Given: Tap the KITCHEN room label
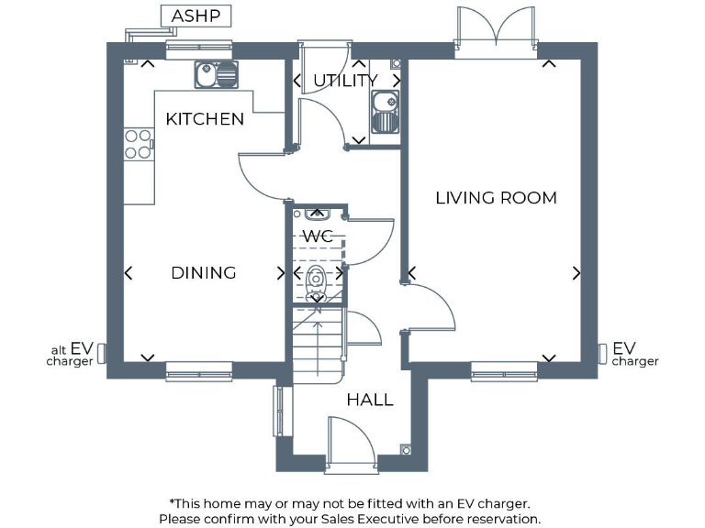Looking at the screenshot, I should coord(205,119).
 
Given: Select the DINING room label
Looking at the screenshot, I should coord(204,272).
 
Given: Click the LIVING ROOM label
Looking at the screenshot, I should coord(496,197).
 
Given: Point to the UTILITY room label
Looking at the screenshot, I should coord(345,81).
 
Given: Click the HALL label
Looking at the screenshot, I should coord(370,400).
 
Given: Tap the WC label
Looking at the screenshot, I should coord(318,237).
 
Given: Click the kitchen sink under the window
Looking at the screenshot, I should coord(216,73).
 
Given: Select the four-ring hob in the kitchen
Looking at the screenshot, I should coord(138,144).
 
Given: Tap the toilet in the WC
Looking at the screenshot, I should coord(317,279).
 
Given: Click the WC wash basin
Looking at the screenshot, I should coord(318,214).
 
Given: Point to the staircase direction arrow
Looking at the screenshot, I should coord(318,344).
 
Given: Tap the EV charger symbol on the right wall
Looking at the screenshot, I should coord(602,352).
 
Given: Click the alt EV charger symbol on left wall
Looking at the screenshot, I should coord(102,352).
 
